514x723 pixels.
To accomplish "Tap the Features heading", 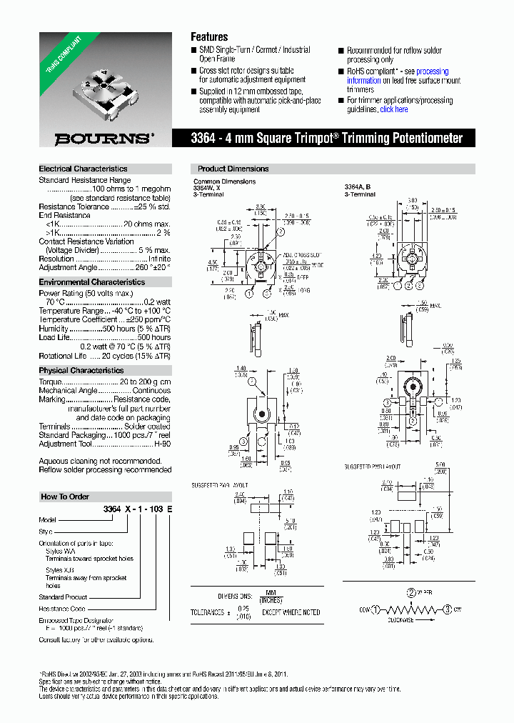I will coord(209,36).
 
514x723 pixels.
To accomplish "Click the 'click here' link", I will coord(394,109).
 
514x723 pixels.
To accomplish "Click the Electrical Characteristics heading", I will coord(83,169).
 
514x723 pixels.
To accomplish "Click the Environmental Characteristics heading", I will coord(91,282).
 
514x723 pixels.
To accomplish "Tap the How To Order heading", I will coord(65,497).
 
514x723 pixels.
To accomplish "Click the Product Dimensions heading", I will coord(233,169).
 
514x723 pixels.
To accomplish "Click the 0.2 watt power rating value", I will coord(157,302).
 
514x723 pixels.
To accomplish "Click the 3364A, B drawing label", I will coord(358,186).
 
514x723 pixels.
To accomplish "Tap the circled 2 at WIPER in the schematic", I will coord(410,592).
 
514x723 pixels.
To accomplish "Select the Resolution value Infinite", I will coord(156,259).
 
